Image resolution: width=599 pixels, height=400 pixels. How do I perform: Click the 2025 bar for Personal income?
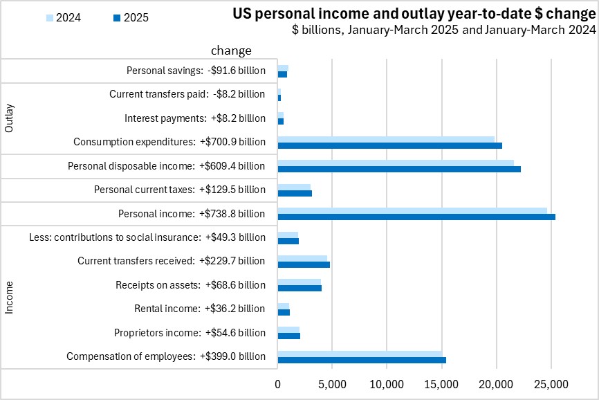point(416,217)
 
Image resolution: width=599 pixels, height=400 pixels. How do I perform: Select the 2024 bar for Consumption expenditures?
point(386,138)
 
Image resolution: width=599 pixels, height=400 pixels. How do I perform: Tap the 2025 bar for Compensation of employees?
point(361,360)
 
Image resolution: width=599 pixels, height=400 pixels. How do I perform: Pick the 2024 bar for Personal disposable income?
point(395,163)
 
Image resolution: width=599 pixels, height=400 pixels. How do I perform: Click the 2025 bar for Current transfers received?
point(303,264)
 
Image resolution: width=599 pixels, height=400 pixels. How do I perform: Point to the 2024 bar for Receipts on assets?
point(299,282)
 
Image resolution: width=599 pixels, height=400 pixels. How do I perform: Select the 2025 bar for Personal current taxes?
point(295,193)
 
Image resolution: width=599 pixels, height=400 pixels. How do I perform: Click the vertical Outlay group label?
point(10,118)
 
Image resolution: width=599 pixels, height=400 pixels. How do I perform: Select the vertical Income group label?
point(10,296)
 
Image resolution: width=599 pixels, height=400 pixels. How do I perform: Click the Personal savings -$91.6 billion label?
point(196,71)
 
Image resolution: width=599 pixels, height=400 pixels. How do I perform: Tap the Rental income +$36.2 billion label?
point(199,309)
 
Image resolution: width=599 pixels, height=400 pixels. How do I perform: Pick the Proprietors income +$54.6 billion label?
point(190,333)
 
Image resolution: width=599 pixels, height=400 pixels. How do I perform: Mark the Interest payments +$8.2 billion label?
point(194,118)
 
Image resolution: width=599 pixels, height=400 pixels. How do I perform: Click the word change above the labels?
point(231,51)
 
